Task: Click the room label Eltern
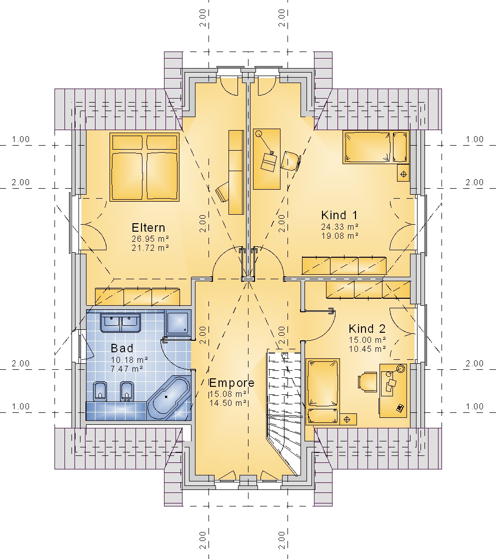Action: click(x=148, y=228)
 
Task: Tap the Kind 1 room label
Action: click(x=339, y=215)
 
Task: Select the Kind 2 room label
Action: click(x=367, y=329)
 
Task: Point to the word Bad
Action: click(x=122, y=348)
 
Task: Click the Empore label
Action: click(x=231, y=383)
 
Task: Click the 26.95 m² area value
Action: click(x=150, y=239)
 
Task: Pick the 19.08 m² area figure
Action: click(x=339, y=236)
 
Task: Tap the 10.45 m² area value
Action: click(x=367, y=349)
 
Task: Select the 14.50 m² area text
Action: click(x=228, y=403)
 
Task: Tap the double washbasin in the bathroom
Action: click(x=120, y=323)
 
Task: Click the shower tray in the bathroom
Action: click(x=177, y=323)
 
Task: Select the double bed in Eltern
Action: click(x=144, y=167)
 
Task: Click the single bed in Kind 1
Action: click(x=375, y=147)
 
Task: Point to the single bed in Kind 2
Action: click(x=322, y=391)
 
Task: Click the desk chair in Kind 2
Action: click(x=367, y=382)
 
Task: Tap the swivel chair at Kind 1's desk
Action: click(x=290, y=161)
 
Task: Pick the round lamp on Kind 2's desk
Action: click(x=401, y=369)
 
